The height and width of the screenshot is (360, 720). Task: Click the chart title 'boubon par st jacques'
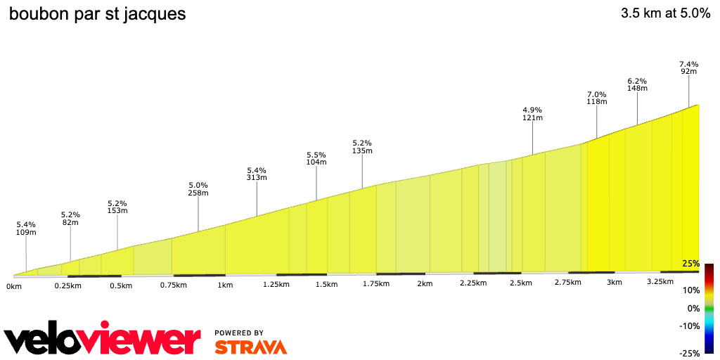[97, 14]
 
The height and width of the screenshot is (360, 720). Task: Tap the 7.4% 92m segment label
[688, 67]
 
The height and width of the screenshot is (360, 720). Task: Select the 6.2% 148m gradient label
[637, 84]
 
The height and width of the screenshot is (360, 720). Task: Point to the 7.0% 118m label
[596, 98]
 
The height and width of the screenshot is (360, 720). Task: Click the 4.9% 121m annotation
[532, 114]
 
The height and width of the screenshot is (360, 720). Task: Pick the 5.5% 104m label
[316, 158]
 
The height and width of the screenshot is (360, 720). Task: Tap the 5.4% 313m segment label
[257, 174]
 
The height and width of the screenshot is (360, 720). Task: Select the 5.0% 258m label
[198, 188]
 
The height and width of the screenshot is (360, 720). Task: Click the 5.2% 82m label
[70, 218]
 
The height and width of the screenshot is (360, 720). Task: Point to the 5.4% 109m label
[26, 228]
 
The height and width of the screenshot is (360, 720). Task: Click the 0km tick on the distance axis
[14, 286]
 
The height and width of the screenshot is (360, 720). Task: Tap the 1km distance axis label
[225, 285]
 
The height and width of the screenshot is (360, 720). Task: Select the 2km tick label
[424, 283]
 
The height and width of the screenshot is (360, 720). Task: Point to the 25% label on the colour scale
[690, 264]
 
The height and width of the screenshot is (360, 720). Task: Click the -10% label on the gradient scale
[689, 326]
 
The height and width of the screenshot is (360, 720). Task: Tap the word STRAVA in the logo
[250, 347]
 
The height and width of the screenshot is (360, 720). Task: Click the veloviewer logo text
[103, 340]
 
